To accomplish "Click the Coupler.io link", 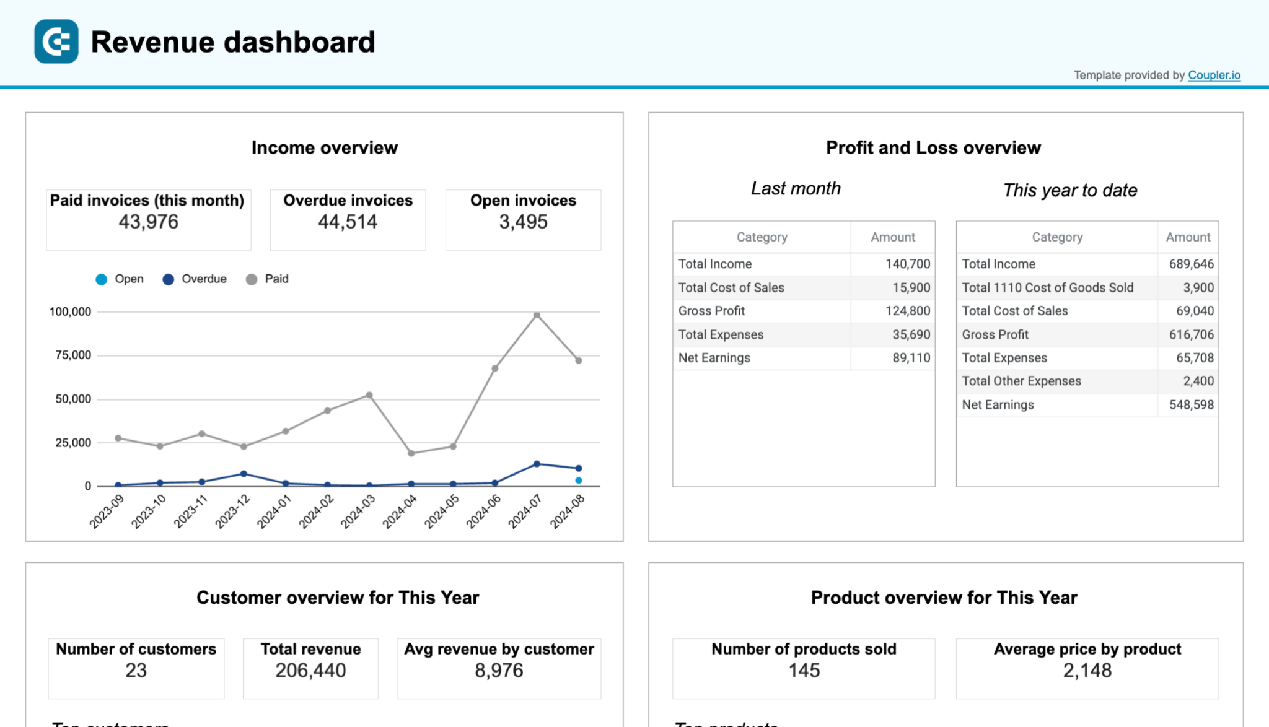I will click(1214, 75).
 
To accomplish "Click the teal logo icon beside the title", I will click(56, 41).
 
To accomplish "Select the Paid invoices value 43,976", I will click(148, 222).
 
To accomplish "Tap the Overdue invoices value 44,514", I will click(348, 222).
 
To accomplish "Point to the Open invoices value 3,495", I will click(523, 222).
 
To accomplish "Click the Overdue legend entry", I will click(195, 279).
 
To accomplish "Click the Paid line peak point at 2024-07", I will click(537, 315).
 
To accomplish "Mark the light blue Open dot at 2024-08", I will click(578, 481).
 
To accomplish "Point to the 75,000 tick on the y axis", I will click(73, 355).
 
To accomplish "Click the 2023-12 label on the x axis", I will click(232, 512).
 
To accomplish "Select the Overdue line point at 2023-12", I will click(244, 474).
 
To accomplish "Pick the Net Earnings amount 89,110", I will click(911, 358).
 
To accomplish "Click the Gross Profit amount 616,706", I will click(1191, 334).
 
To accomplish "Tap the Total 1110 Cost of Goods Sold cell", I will click(1047, 287).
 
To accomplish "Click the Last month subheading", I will click(796, 188).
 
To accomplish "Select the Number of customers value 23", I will click(136, 670).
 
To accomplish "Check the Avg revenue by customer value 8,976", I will click(499, 670).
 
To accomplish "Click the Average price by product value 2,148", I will click(1087, 670).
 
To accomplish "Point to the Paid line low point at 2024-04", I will click(411, 453).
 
